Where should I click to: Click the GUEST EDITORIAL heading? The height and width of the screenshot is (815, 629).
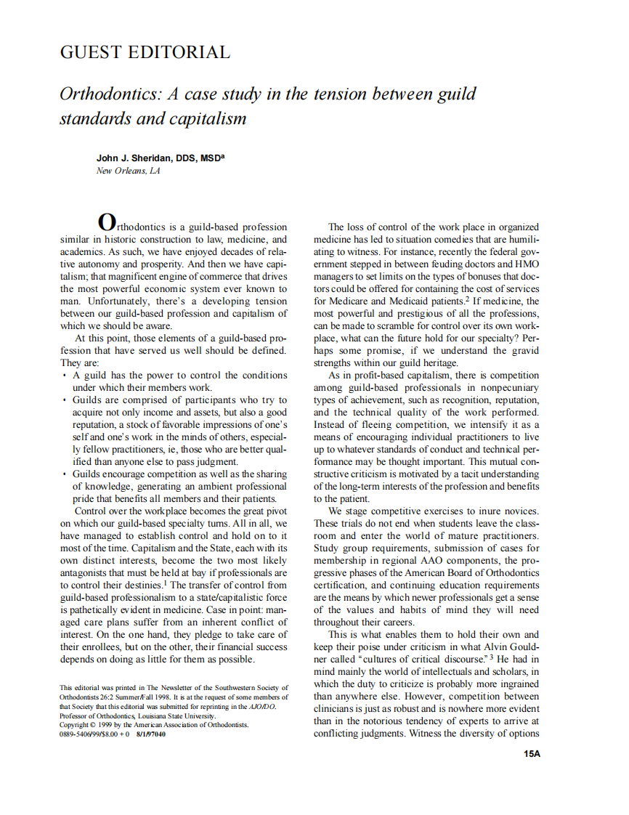point(145,52)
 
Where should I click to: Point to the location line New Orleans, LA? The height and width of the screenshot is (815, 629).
point(128,171)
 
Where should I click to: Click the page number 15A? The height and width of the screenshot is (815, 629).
point(532,754)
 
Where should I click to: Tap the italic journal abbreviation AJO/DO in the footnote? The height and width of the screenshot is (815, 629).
point(261,706)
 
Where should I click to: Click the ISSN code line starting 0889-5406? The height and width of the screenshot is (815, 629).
point(112,734)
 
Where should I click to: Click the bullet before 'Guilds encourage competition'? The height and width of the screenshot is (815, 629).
point(64,474)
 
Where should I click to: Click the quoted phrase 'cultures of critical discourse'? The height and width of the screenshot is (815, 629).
point(413,659)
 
